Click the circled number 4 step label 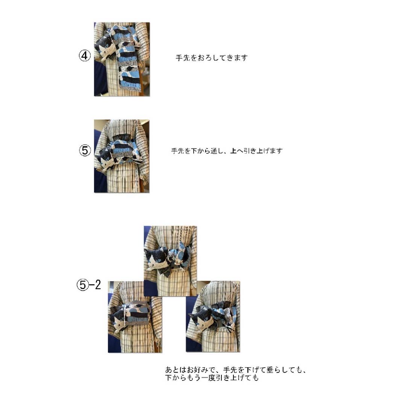(x=85, y=56)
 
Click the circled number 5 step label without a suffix (x=85, y=150)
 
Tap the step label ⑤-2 (x=89, y=285)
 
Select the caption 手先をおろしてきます (x=212, y=58)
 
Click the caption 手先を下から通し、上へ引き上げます (x=227, y=151)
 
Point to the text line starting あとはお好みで (x=236, y=370)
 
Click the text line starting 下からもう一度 (x=212, y=378)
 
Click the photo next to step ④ (x=122, y=59)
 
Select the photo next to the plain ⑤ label (x=122, y=156)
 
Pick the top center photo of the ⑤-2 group (x=170, y=261)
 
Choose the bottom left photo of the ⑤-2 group (x=135, y=317)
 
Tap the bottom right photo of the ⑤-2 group (x=213, y=317)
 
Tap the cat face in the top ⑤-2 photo (x=156, y=259)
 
